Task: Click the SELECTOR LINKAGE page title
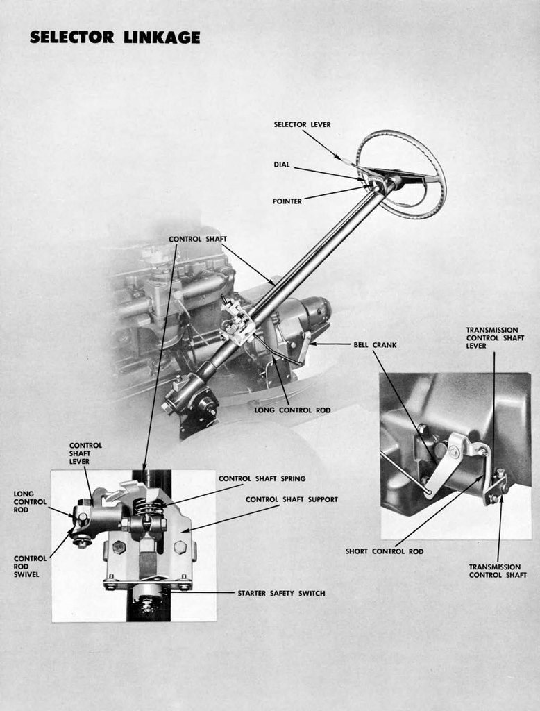115,37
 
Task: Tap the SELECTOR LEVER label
302,124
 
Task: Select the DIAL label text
281,165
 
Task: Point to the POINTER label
287,201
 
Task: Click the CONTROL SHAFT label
197,239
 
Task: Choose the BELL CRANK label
375,344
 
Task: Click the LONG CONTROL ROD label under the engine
292,410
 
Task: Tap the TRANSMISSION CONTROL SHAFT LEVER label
491,337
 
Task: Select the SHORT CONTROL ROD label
384,551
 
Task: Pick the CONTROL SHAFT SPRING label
262,478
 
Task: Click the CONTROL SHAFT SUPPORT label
292,499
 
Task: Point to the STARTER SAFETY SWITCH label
281,593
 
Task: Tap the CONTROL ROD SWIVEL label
31,566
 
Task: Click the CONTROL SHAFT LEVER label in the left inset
85,453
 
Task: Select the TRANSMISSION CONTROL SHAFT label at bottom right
497,571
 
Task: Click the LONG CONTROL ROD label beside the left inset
30,501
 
